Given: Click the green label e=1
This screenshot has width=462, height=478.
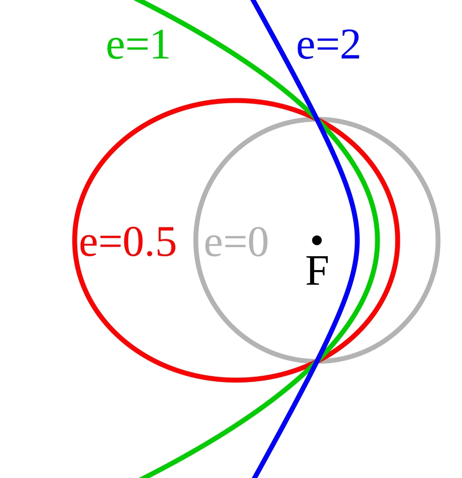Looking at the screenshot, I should [138, 47].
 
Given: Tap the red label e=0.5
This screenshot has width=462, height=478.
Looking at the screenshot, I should [128, 243].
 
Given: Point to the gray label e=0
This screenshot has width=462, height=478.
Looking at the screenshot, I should [236, 243].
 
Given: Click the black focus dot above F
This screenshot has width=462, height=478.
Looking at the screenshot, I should [317, 240].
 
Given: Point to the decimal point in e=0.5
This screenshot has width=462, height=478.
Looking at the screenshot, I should [150, 254].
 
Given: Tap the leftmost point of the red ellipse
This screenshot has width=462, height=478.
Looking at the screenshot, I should [75, 240].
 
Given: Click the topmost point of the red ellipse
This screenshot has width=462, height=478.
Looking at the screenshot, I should [236, 101].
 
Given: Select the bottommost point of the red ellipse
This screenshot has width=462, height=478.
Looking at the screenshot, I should [236, 380].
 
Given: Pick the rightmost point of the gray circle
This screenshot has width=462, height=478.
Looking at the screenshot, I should [438, 240].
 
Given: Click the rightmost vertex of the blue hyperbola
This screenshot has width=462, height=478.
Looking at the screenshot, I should [357, 240].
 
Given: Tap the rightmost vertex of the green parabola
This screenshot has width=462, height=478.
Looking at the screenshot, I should [378, 240].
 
